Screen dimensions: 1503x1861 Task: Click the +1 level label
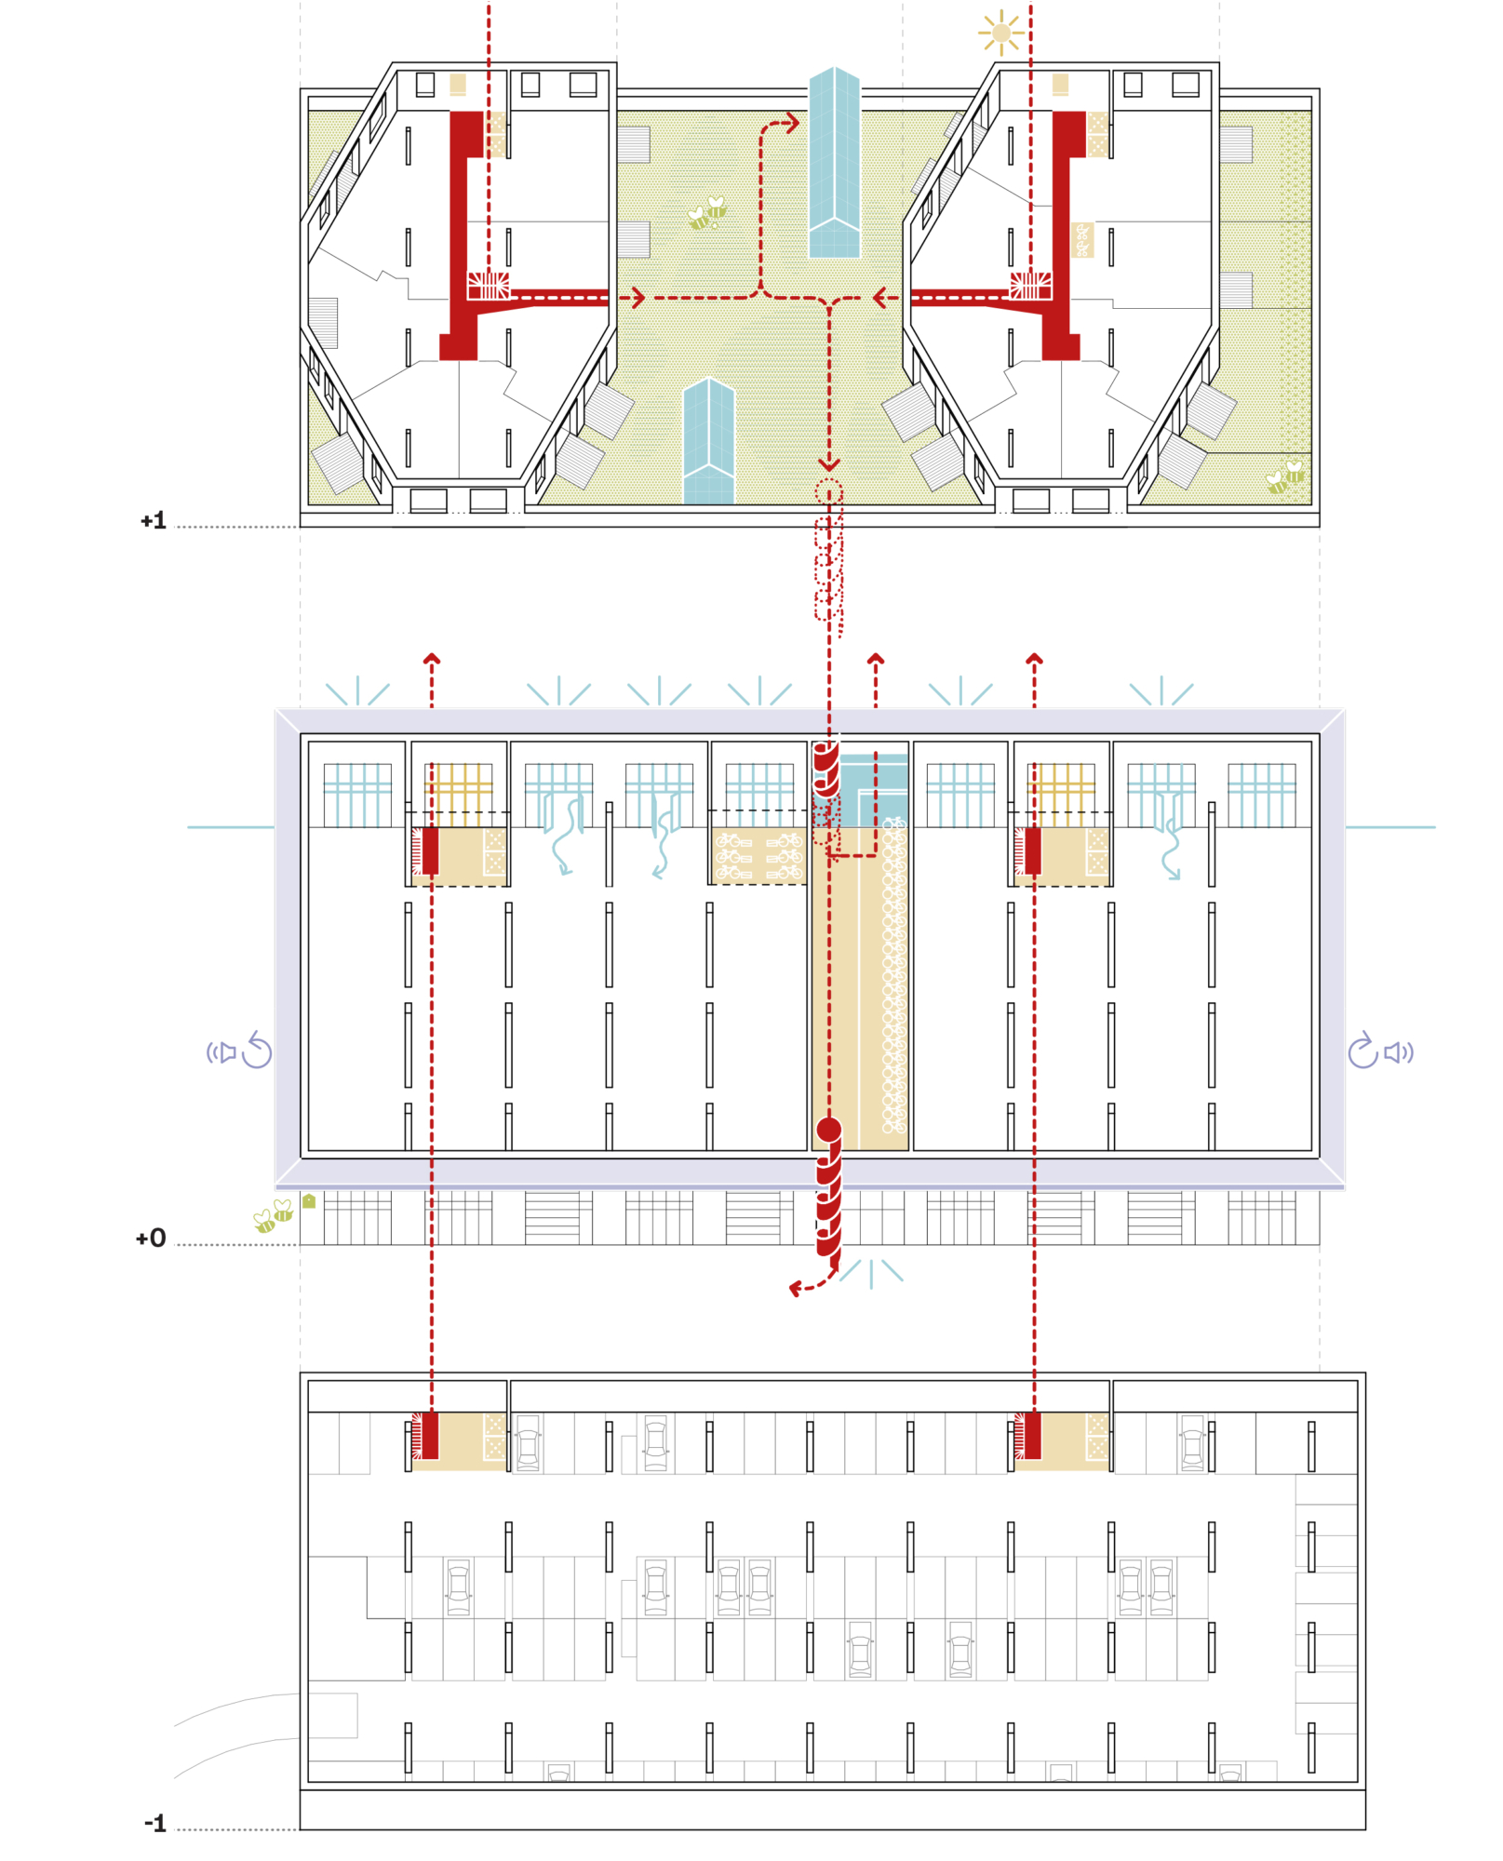point(154,521)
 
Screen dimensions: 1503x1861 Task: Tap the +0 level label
point(151,1238)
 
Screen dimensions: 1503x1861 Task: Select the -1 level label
point(155,1824)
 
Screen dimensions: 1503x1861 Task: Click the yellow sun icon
point(1001,33)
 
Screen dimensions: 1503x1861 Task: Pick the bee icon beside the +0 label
point(274,1215)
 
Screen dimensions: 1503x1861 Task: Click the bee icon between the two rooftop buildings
point(707,213)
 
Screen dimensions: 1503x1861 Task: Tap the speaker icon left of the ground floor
point(221,1052)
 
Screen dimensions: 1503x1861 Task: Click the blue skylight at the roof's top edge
point(834,162)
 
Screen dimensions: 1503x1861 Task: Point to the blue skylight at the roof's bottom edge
point(709,441)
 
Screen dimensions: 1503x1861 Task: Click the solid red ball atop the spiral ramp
point(829,1130)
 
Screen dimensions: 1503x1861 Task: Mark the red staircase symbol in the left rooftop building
point(489,286)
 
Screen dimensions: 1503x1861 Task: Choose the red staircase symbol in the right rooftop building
point(1031,286)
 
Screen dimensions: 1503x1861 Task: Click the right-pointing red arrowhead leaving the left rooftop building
point(638,298)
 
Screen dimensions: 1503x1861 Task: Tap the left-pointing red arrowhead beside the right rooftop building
point(879,298)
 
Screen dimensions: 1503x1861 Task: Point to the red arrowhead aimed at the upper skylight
point(793,123)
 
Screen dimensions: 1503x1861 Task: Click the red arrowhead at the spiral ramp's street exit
point(796,1289)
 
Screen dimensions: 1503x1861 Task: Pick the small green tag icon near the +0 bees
point(309,1201)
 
